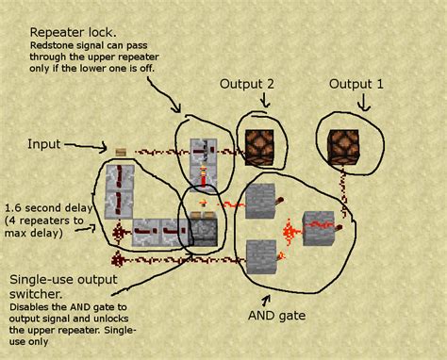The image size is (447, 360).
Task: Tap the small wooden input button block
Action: tap(121, 150)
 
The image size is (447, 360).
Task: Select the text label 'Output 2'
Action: tap(247, 84)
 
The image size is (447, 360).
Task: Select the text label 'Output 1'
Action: tap(356, 84)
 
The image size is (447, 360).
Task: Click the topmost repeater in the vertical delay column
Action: tap(120, 175)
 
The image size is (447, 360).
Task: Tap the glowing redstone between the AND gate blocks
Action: tap(289, 227)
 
